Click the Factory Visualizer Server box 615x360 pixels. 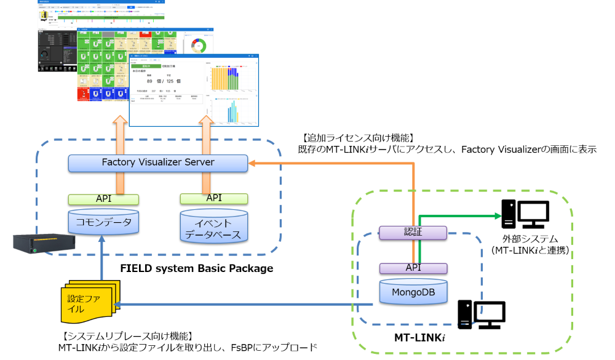coord(157,162)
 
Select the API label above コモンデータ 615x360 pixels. coord(103,199)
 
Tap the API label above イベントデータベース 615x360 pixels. coord(214,198)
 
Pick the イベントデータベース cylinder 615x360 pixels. coord(214,226)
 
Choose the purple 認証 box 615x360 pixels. coord(413,233)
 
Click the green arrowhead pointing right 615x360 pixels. coord(498,216)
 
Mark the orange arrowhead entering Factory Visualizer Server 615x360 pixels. coord(253,163)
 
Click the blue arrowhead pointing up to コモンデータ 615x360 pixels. coord(102,244)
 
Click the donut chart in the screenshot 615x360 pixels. coord(198,47)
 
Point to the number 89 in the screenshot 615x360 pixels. coord(150,81)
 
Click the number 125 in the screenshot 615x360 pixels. coord(171,81)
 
